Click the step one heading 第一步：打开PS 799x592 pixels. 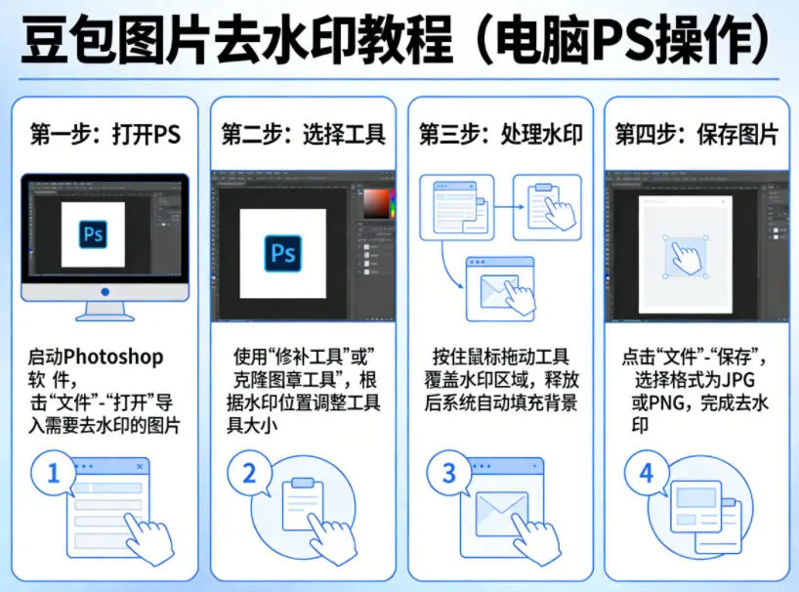[105, 135]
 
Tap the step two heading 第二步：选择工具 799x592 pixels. [303, 135]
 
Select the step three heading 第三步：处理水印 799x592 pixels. [500, 135]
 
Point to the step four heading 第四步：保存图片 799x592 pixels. [696, 135]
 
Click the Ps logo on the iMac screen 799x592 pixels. [93, 234]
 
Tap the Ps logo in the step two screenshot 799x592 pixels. [283, 253]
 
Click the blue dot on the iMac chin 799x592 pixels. [105, 292]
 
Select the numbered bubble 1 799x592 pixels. [54, 473]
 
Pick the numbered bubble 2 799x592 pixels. [249, 473]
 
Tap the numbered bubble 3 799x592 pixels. [448, 473]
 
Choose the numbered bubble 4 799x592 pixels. [646, 473]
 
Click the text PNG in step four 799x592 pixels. [666, 403]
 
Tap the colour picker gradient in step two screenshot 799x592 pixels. [377, 204]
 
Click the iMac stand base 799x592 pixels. [105, 317]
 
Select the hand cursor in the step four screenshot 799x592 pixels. [686, 258]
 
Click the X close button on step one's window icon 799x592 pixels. [140, 466]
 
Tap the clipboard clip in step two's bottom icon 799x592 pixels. [303, 483]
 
